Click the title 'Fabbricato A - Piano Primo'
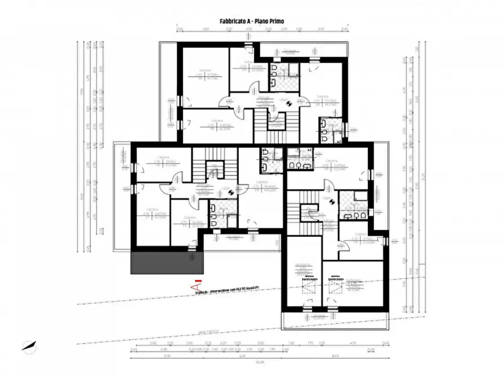click(x=252, y=21)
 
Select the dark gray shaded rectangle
click(x=166, y=263)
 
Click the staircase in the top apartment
click(x=277, y=127)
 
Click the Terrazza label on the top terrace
click(x=290, y=51)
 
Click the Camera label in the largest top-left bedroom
click(x=196, y=72)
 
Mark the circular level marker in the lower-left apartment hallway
click(x=231, y=191)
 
